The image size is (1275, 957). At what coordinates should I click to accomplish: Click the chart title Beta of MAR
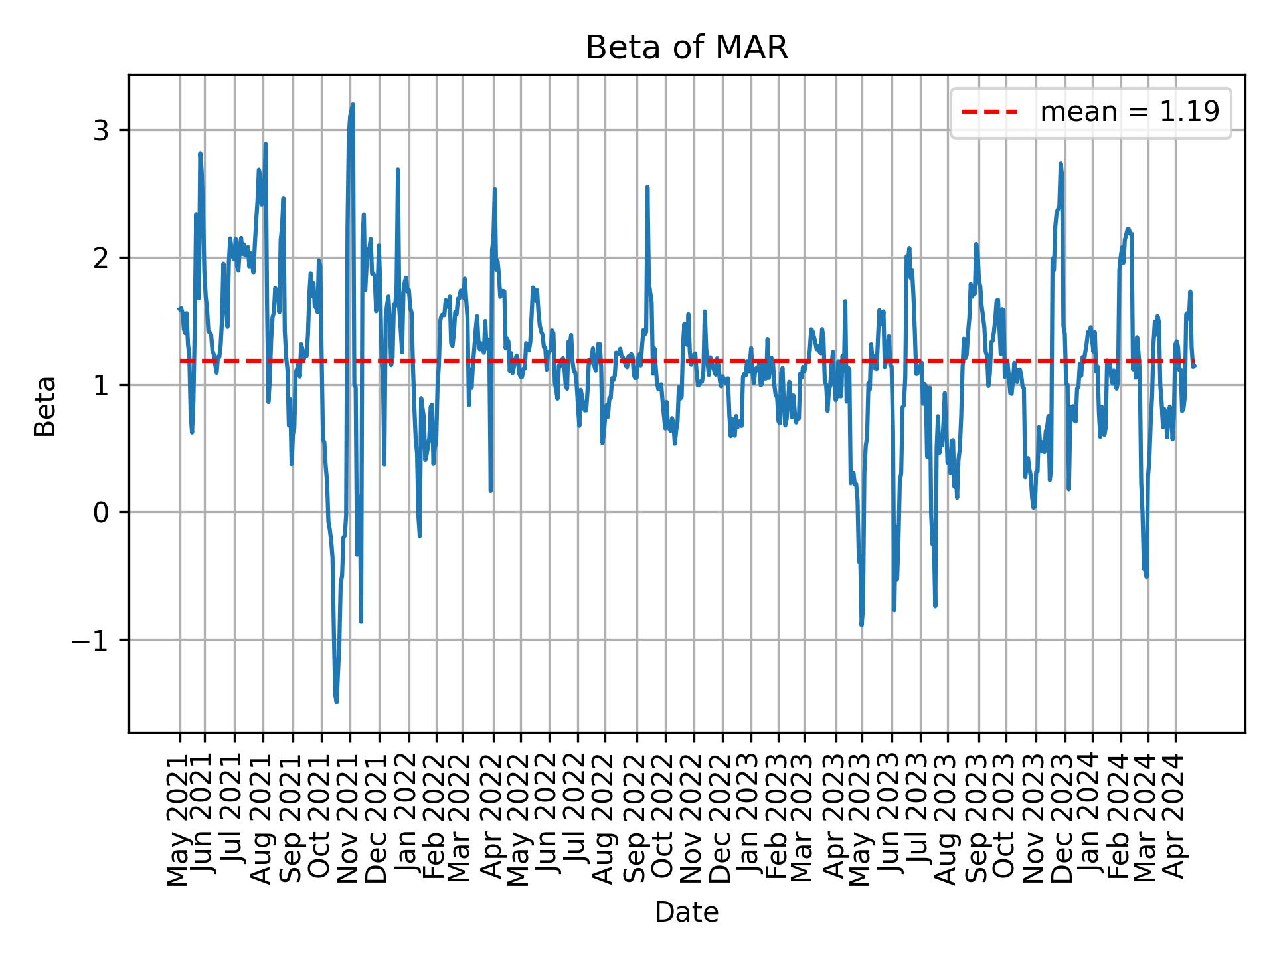click(x=687, y=49)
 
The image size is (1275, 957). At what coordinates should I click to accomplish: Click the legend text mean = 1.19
click(x=1130, y=112)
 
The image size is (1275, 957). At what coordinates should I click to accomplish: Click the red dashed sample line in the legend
click(x=989, y=112)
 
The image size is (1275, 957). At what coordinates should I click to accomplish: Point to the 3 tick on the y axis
click(x=101, y=130)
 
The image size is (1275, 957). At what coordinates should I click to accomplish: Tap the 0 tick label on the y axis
click(x=101, y=512)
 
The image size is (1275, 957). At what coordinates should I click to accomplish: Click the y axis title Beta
click(x=45, y=406)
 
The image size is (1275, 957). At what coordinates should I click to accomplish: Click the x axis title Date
click(x=687, y=912)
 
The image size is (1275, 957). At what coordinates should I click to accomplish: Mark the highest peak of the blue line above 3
click(x=353, y=104)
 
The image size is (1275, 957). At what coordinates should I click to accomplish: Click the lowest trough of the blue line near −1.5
click(x=337, y=701)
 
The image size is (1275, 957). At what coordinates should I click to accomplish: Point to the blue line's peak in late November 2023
click(x=1061, y=163)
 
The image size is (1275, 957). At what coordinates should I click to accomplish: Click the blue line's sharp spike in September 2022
click(x=647, y=187)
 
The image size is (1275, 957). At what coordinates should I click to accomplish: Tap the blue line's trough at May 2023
click(x=862, y=625)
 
